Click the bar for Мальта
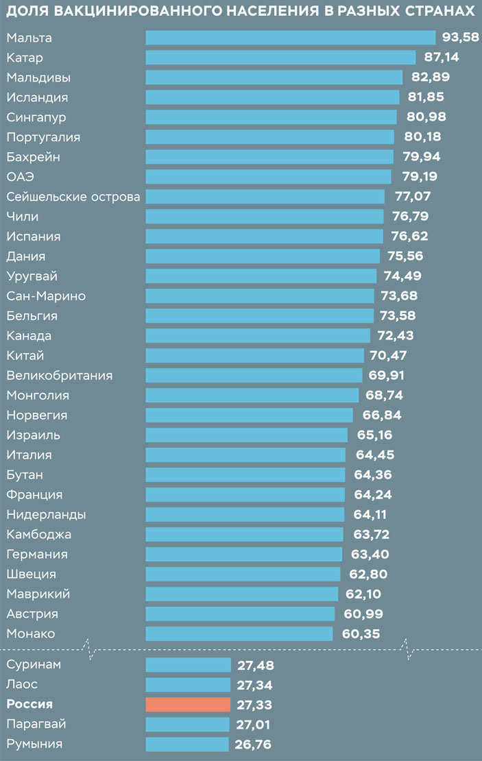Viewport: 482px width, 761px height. coord(291,37)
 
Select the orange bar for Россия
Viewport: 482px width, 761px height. coord(188,704)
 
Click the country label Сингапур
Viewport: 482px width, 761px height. coord(36,117)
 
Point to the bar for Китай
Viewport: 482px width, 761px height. coord(254,355)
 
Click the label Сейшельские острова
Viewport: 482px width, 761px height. coord(73,197)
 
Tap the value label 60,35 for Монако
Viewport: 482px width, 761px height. coord(360,633)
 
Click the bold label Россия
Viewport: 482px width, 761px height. coord(29,704)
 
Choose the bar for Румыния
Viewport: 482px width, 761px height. coord(187,744)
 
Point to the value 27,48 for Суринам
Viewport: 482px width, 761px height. coord(256,664)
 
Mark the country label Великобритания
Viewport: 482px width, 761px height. coord(59,375)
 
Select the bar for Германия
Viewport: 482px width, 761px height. coord(243,554)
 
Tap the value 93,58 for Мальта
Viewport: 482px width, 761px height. coord(460,37)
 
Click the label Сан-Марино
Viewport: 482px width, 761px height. coord(46,296)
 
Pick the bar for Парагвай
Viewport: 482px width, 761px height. coord(187,724)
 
